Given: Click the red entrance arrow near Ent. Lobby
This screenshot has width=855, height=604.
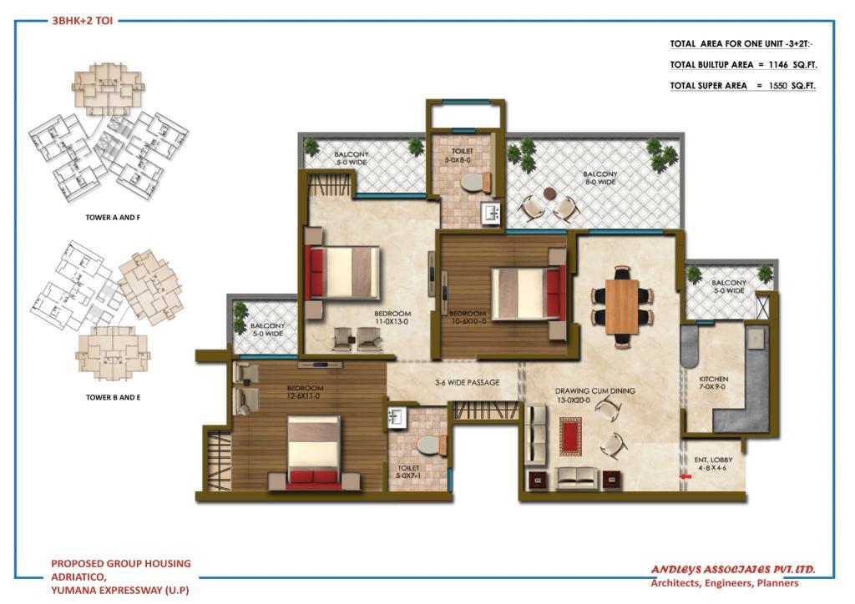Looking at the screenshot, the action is tap(685, 476).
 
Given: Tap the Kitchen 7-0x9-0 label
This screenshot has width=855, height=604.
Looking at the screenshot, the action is tap(714, 383).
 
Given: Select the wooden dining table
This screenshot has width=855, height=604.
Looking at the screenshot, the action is tap(621, 307).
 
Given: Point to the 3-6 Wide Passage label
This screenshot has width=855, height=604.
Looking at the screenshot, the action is tap(468, 382).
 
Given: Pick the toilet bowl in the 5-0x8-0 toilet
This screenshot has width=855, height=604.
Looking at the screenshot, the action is tap(475, 183).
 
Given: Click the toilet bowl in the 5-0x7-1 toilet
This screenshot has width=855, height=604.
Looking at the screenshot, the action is tap(432, 445).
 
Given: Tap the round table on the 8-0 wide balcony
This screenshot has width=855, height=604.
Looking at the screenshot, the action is tap(549, 194).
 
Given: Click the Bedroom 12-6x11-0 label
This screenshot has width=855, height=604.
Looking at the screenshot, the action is tap(305, 392).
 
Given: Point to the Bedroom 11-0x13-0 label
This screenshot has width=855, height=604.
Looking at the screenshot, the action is tap(392, 318).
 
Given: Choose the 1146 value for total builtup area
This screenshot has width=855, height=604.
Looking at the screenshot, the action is tap(779, 64).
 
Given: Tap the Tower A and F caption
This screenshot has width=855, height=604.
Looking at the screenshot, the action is tap(113, 217).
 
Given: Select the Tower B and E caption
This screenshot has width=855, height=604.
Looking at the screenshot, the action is tap(113, 398).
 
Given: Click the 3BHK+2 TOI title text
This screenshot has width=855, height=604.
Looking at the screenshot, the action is tap(83, 21).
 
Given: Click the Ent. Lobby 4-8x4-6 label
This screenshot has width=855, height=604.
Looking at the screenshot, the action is tap(713, 464).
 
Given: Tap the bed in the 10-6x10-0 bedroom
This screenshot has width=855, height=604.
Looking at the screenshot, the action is tap(529, 293).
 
